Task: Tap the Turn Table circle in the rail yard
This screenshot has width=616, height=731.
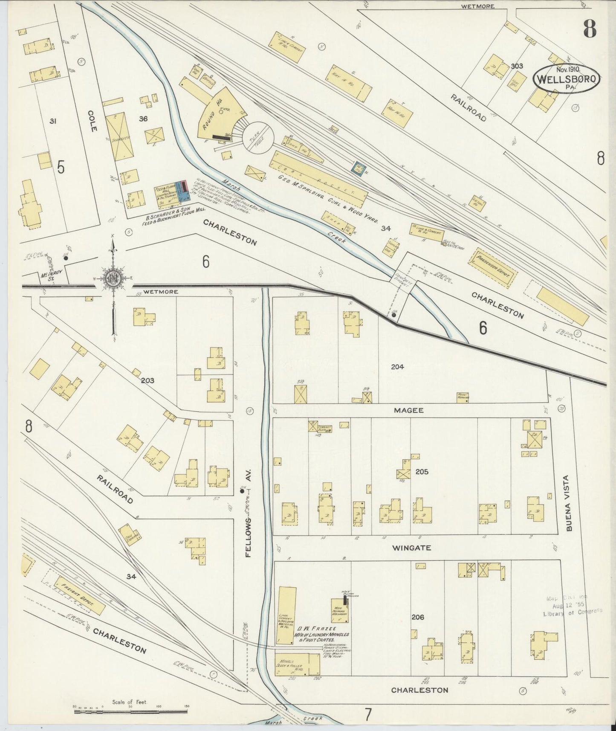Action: (x=257, y=139)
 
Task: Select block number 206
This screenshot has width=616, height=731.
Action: (x=418, y=617)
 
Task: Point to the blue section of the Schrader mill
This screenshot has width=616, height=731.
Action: (x=184, y=191)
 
